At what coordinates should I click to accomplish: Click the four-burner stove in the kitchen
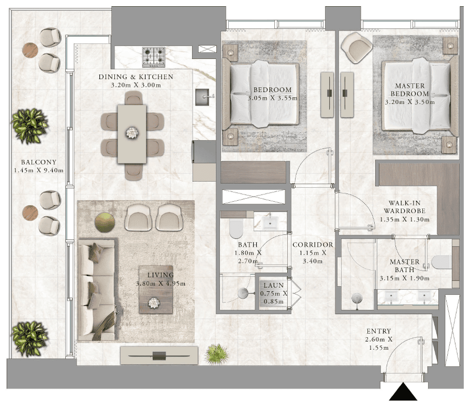point(154,57)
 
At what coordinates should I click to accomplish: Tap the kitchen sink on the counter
point(202,97)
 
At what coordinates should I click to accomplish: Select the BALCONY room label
point(39,162)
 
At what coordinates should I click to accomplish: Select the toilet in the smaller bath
point(236,229)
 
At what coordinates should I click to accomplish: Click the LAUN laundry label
point(274,285)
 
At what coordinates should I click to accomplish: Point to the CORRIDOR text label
point(313,245)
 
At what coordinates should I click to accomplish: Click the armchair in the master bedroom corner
point(357,48)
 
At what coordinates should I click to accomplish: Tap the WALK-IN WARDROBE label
point(405,207)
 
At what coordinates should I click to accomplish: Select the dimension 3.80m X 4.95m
point(160,283)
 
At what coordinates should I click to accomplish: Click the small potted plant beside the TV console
point(216,354)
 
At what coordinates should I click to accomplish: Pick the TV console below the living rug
point(159,355)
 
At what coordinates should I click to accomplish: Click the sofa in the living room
point(97,290)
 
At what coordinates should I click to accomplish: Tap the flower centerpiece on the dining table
point(132,133)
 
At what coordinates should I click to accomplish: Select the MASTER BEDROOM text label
point(410,90)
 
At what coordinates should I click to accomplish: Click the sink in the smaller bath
point(270,222)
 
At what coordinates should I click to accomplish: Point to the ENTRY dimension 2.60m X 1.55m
point(379,344)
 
